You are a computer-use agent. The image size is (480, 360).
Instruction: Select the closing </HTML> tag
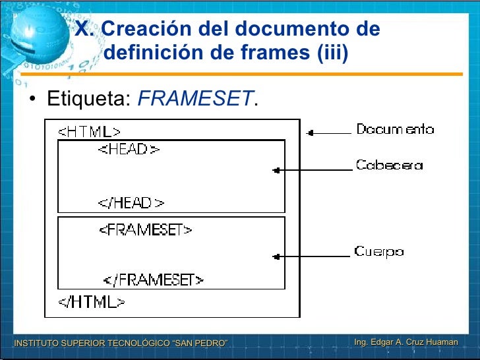pos(92,302)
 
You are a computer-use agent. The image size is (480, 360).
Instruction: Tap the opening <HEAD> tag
pos(129,150)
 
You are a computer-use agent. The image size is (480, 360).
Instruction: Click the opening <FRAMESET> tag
pos(146,230)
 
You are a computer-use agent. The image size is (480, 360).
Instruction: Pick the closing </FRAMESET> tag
pos(153,280)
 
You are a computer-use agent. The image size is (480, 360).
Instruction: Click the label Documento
pos(395,129)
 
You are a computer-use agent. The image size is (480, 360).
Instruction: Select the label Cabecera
pos(389,165)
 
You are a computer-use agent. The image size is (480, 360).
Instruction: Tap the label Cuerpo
pos(378,251)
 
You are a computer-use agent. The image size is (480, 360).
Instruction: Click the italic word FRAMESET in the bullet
pos(195,100)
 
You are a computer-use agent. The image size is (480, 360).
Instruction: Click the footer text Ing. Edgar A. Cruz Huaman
pos(405,342)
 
